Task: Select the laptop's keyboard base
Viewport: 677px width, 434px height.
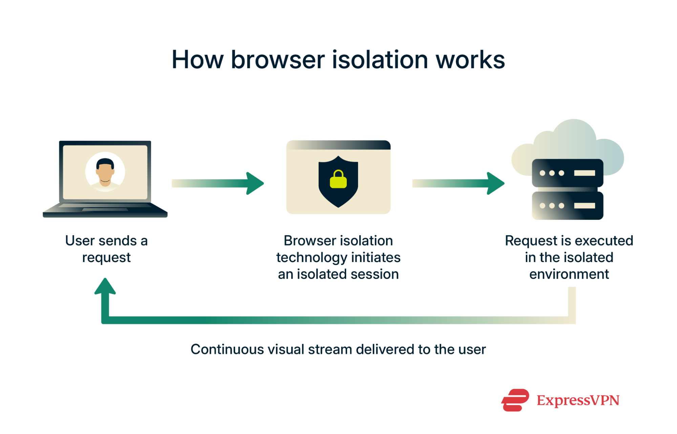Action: pos(105,210)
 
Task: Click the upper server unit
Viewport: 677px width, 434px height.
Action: pos(567,173)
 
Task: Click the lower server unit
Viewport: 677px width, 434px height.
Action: pos(567,205)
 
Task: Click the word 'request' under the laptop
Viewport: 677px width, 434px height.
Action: pos(106,258)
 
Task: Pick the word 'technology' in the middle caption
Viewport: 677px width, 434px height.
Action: pos(310,258)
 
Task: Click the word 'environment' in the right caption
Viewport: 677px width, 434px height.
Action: pos(569,274)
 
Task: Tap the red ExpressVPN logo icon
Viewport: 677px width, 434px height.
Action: pos(515,400)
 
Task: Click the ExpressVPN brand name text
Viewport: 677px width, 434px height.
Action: pos(578,400)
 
